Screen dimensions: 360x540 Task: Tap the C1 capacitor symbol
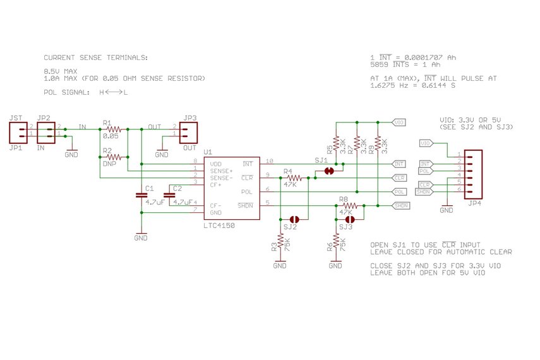(x=141, y=196)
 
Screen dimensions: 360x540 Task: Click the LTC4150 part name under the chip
(x=220, y=225)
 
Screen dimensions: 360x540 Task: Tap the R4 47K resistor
(x=291, y=178)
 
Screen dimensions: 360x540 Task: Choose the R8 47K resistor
(x=347, y=205)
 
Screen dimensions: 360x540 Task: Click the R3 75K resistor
(x=280, y=243)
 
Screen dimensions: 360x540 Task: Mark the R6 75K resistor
(x=336, y=243)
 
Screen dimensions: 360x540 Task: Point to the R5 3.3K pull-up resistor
(x=336, y=145)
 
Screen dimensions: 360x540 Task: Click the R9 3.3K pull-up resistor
(x=378, y=145)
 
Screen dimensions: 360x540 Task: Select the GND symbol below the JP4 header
(x=447, y=207)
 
